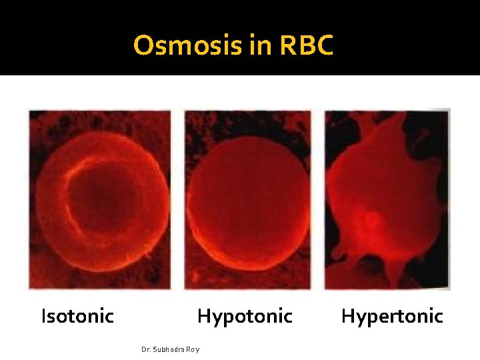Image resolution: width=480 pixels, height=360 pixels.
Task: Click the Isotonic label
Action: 78,315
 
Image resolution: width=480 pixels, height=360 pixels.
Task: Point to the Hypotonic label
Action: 245,316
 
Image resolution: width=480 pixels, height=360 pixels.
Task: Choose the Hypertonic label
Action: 392,316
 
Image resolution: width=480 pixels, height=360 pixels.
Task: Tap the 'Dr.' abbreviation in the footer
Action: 147,349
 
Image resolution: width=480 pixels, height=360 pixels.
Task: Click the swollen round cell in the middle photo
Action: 248,200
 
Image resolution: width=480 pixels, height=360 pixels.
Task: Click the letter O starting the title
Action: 143,45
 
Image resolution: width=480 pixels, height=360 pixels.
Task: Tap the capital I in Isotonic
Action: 44,315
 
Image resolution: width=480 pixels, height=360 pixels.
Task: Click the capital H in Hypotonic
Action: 204,315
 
